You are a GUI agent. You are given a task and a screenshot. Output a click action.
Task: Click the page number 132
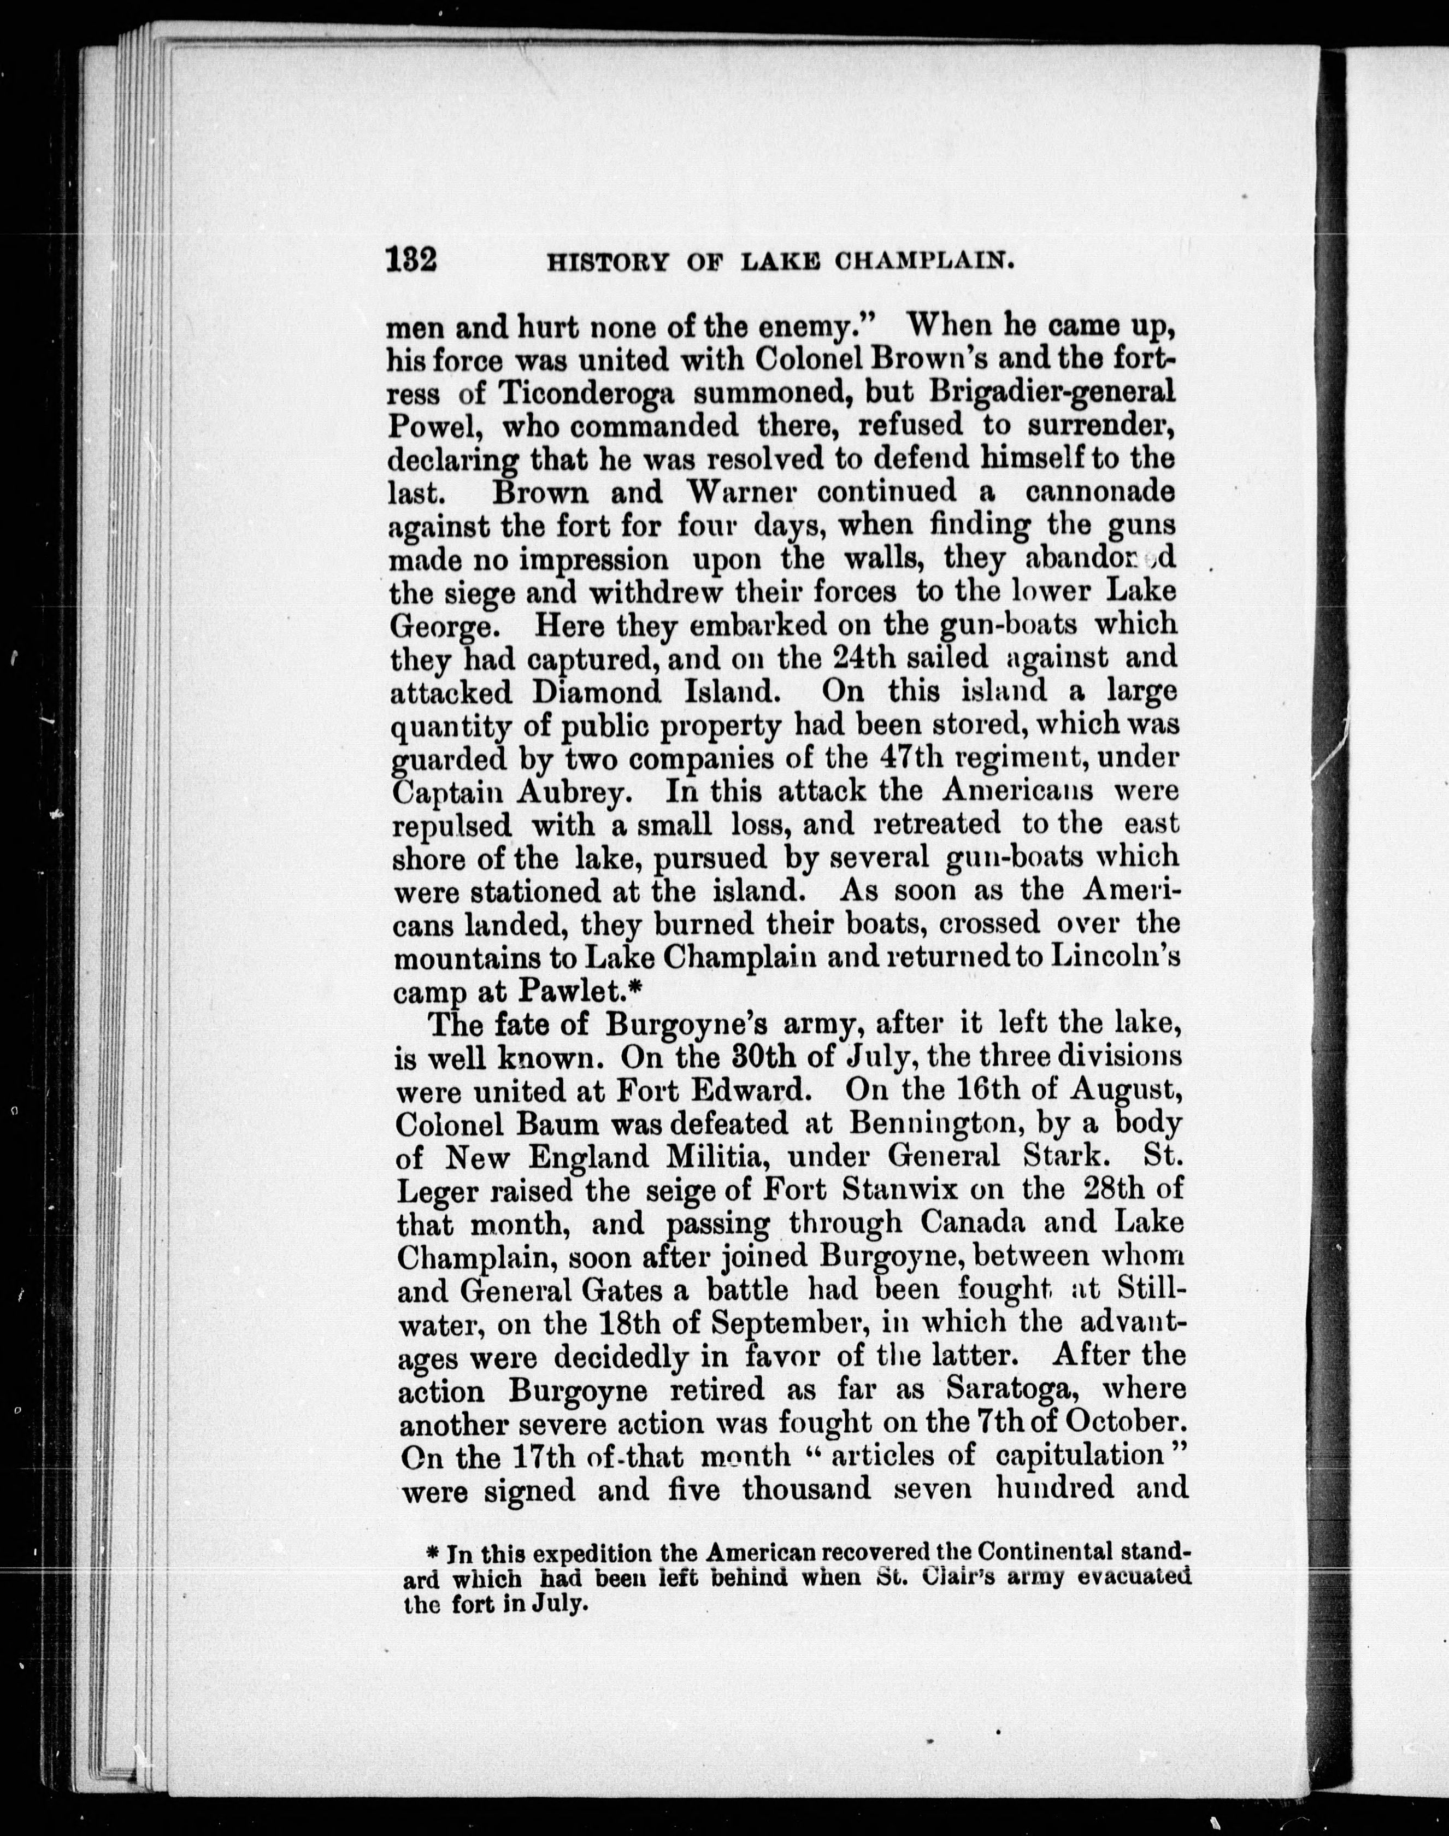point(411,258)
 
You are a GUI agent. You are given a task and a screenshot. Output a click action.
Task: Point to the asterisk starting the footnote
point(431,1552)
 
